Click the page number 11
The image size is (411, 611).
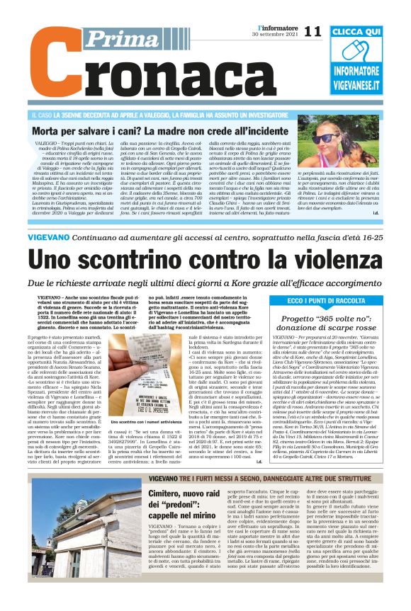point(312,31)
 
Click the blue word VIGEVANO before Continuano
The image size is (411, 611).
point(53,236)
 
